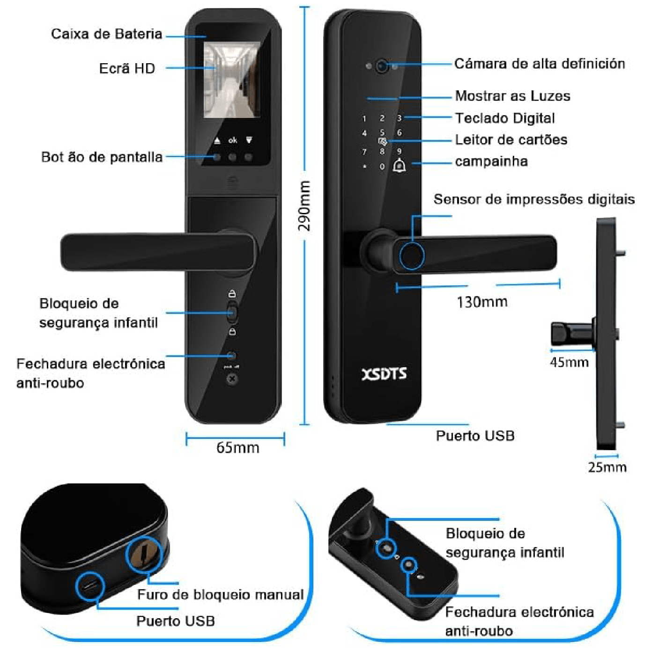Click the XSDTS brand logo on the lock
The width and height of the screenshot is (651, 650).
[384, 374]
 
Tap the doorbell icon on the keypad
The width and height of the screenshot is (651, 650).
[399, 166]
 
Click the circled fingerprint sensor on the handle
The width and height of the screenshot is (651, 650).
[411, 256]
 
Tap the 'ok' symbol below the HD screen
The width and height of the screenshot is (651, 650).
[233, 140]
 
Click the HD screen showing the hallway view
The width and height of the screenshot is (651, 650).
[232, 80]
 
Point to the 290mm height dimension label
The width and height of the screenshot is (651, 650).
[304, 206]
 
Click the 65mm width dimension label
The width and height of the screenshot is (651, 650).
[238, 448]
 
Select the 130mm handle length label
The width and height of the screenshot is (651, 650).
[482, 302]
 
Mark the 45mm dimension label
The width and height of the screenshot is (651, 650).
[569, 362]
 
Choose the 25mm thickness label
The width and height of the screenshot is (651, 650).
[607, 467]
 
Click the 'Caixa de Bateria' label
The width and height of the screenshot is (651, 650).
[107, 34]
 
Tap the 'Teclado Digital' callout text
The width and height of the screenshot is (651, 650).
[505, 118]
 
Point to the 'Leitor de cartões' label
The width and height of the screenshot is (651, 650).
[511, 139]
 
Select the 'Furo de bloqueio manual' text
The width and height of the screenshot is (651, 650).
[221, 594]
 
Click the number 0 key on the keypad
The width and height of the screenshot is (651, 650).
[382, 167]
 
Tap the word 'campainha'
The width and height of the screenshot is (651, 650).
[492, 161]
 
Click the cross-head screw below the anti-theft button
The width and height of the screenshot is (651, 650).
[232, 379]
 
